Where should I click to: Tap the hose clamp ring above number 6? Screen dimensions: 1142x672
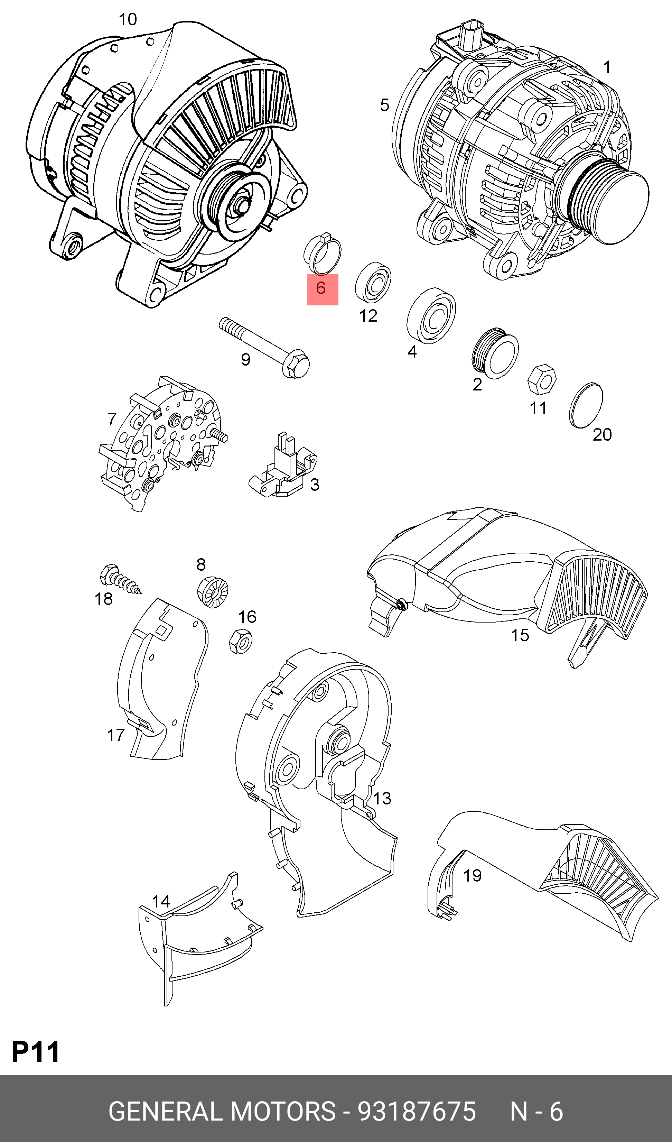tap(323, 253)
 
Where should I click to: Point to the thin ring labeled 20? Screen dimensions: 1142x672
tap(585, 405)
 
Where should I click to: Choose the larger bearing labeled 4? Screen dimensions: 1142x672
tap(431, 315)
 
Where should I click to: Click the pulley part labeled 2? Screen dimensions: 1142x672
tap(495, 352)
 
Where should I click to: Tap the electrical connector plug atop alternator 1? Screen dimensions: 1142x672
tap(471, 34)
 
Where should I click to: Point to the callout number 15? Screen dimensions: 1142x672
tap(520, 635)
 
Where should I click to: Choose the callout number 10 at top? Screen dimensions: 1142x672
tap(128, 19)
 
